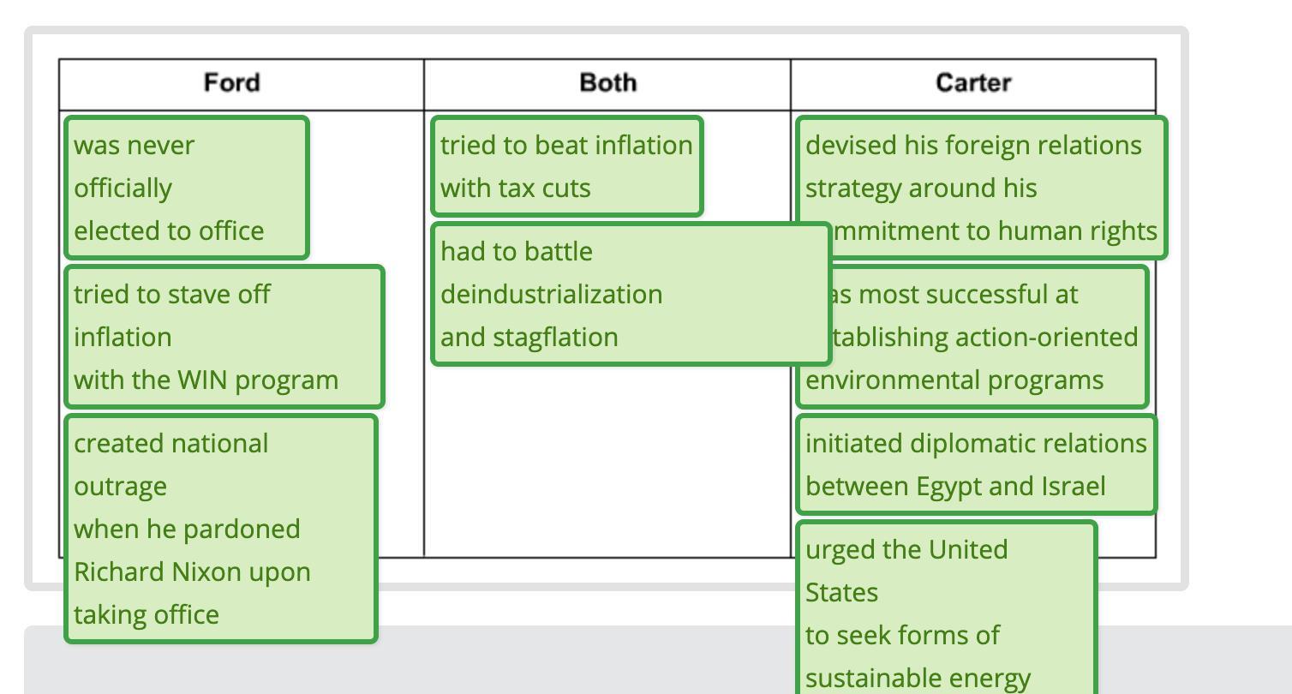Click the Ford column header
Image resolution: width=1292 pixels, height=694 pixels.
231,83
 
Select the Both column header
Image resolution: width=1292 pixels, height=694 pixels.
607,83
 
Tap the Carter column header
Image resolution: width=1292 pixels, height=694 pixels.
972,83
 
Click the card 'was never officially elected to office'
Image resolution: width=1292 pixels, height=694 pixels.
187,188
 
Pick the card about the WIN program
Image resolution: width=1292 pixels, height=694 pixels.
224,337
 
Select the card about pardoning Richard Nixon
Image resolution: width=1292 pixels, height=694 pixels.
221,529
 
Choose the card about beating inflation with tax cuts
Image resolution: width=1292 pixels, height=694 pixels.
567,166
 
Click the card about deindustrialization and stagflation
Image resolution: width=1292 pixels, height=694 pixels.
631,294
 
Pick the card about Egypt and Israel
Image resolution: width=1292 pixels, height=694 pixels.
977,464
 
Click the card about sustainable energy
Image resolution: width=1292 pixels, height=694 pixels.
947,613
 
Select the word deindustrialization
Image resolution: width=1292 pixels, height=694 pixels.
551,295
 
